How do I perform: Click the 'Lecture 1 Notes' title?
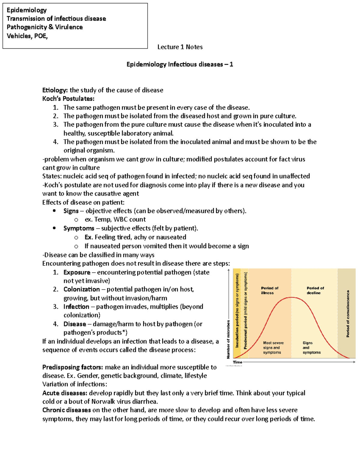click(180, 47)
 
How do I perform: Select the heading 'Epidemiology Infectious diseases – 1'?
click(180, 64)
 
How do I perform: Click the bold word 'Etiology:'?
click(55, 90)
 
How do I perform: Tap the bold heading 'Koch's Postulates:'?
click(68, 99)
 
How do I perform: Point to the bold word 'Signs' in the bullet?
click(71, 211)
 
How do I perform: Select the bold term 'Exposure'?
click(77, 272)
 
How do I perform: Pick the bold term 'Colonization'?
click(82, 290)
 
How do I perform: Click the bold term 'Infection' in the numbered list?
click(76, 307)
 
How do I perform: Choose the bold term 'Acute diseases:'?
click(65, 393)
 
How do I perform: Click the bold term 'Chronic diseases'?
click(67, 410)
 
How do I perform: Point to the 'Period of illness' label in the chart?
click(269, 290)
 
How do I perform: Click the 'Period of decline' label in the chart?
click(315, 290)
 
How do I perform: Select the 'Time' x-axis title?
click(237, 362)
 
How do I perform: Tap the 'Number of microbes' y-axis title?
click(228, 339)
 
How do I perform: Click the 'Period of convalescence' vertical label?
click(348, 314)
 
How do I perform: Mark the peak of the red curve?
click(291, 297)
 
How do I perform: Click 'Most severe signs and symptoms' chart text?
click(273, 347)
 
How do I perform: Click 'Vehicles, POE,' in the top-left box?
click(27, 36)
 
